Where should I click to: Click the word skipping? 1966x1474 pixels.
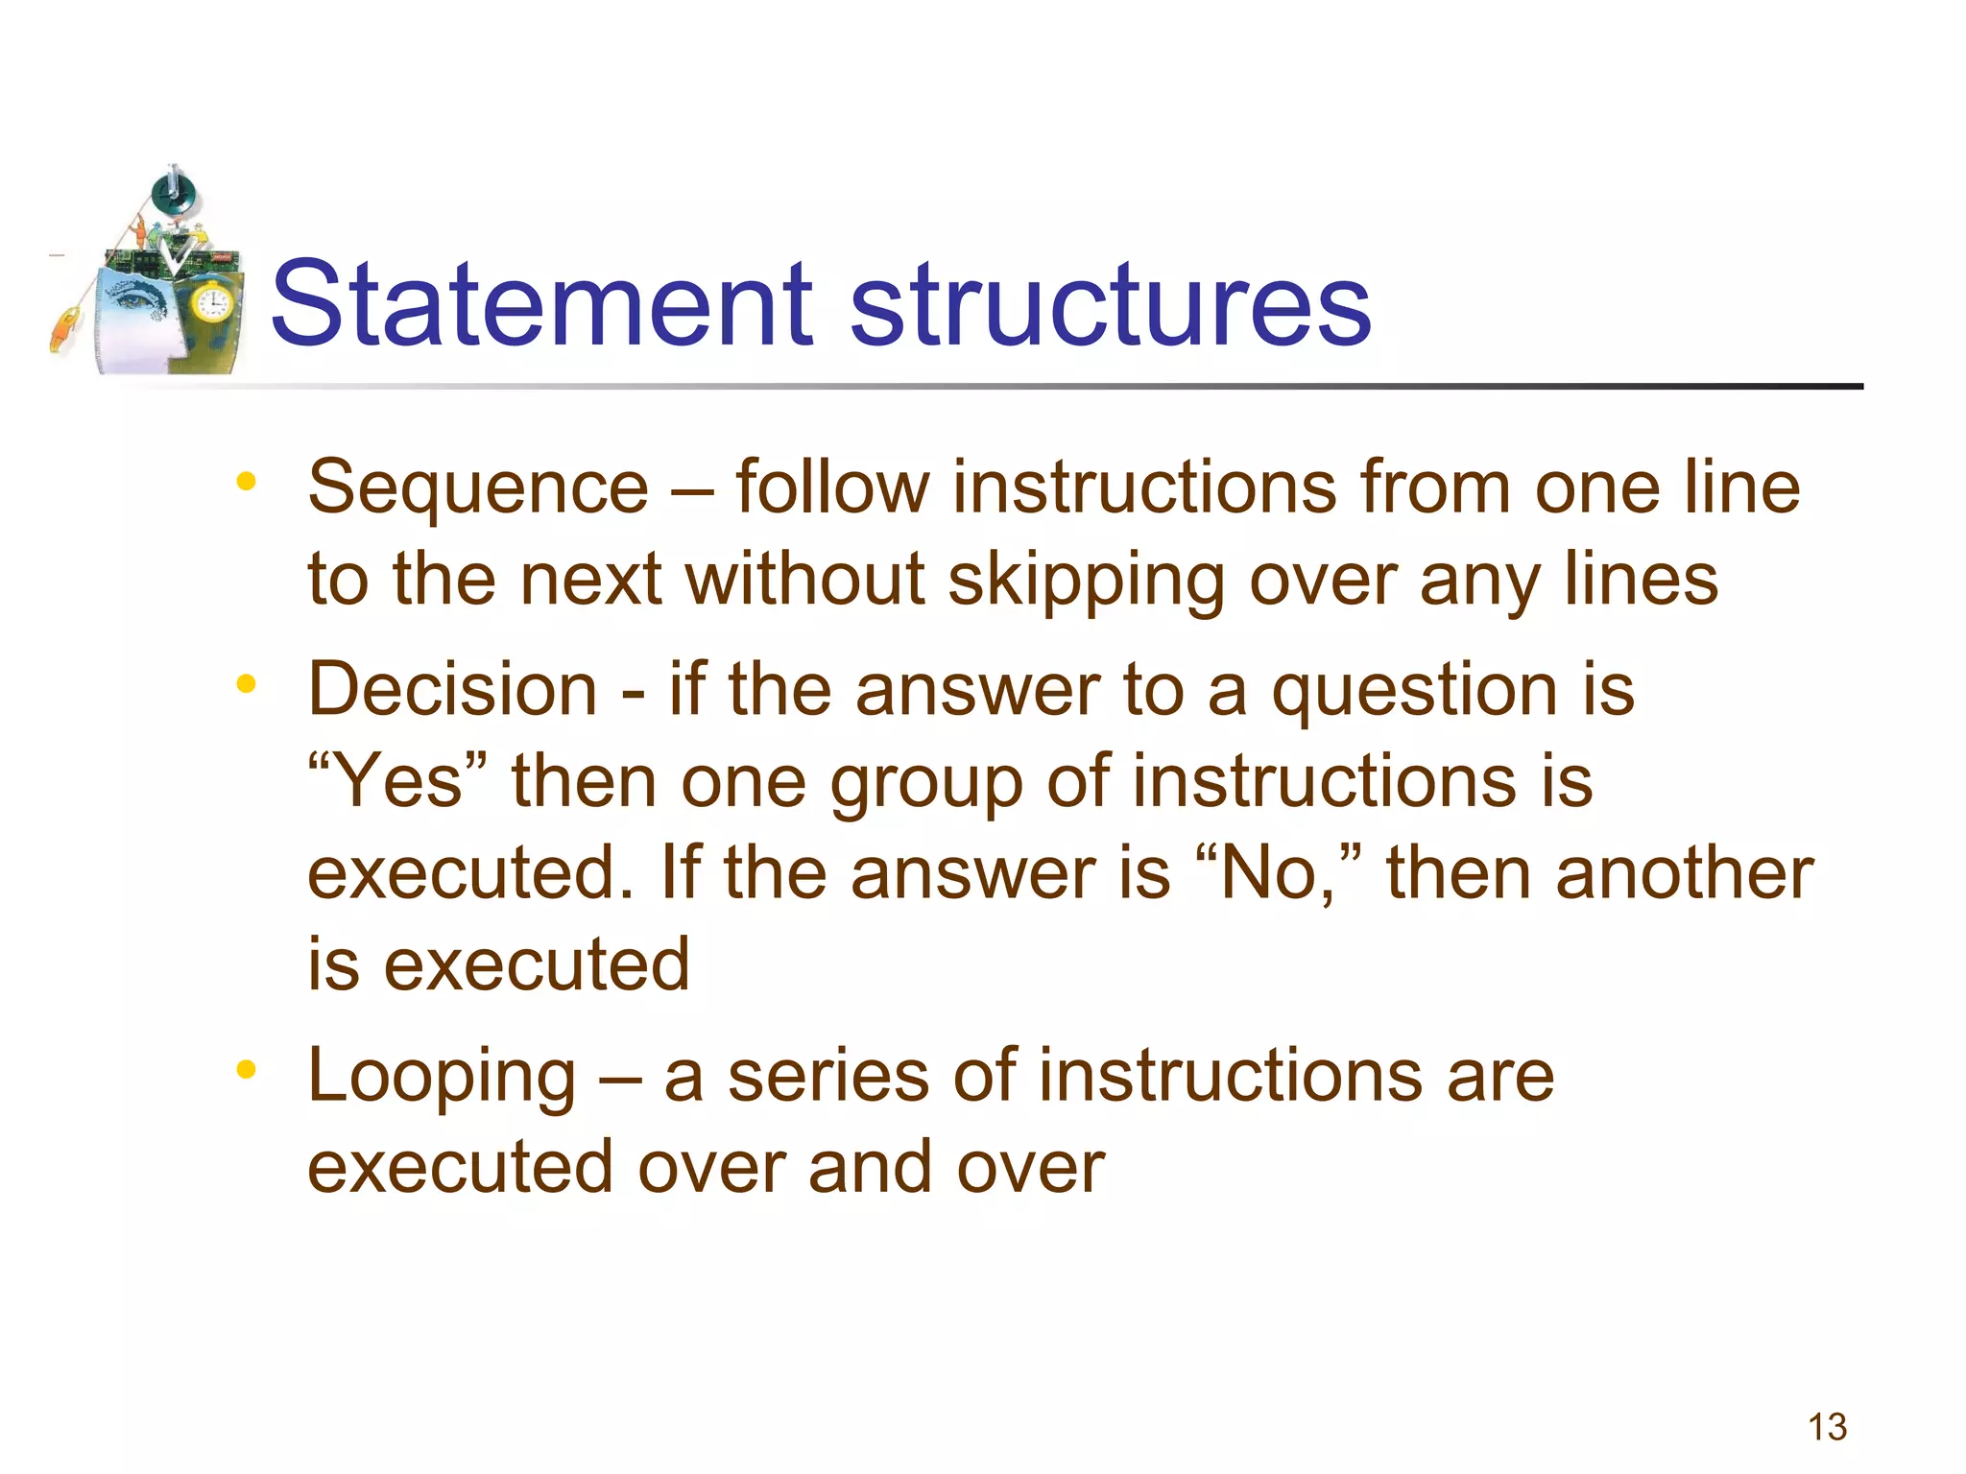pyautogui.click(x=1086, y=582)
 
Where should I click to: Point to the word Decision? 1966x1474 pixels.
pyautogui.click(x=452, y=690)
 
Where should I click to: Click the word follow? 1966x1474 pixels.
pyautogui.click(x=832, y=487)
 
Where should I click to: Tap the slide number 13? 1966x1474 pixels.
pyautogui.click(x=1827, y=1427)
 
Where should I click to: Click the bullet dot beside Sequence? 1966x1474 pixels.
pyautogui.click(x=247, y=482)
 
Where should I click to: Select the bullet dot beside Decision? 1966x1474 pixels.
pyautogui.click(x=247, y=683)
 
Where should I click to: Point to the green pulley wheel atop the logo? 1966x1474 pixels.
pyautogui.click(x=173, y=195)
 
